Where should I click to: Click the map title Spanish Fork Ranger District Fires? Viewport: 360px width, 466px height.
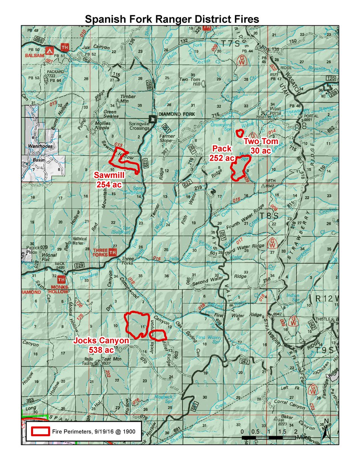point(172,19)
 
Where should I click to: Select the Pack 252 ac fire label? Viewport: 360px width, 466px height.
point(222,153)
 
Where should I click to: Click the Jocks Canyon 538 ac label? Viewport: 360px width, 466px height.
point(101,345)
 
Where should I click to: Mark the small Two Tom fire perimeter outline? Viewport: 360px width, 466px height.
point(239,133)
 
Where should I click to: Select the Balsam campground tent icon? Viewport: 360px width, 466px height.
point(49,50)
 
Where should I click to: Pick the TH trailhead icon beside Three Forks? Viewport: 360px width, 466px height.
point(113,253)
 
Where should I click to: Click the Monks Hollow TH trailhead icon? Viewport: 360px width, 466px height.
point(61,279)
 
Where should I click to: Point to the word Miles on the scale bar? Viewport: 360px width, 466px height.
point(304,438)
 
